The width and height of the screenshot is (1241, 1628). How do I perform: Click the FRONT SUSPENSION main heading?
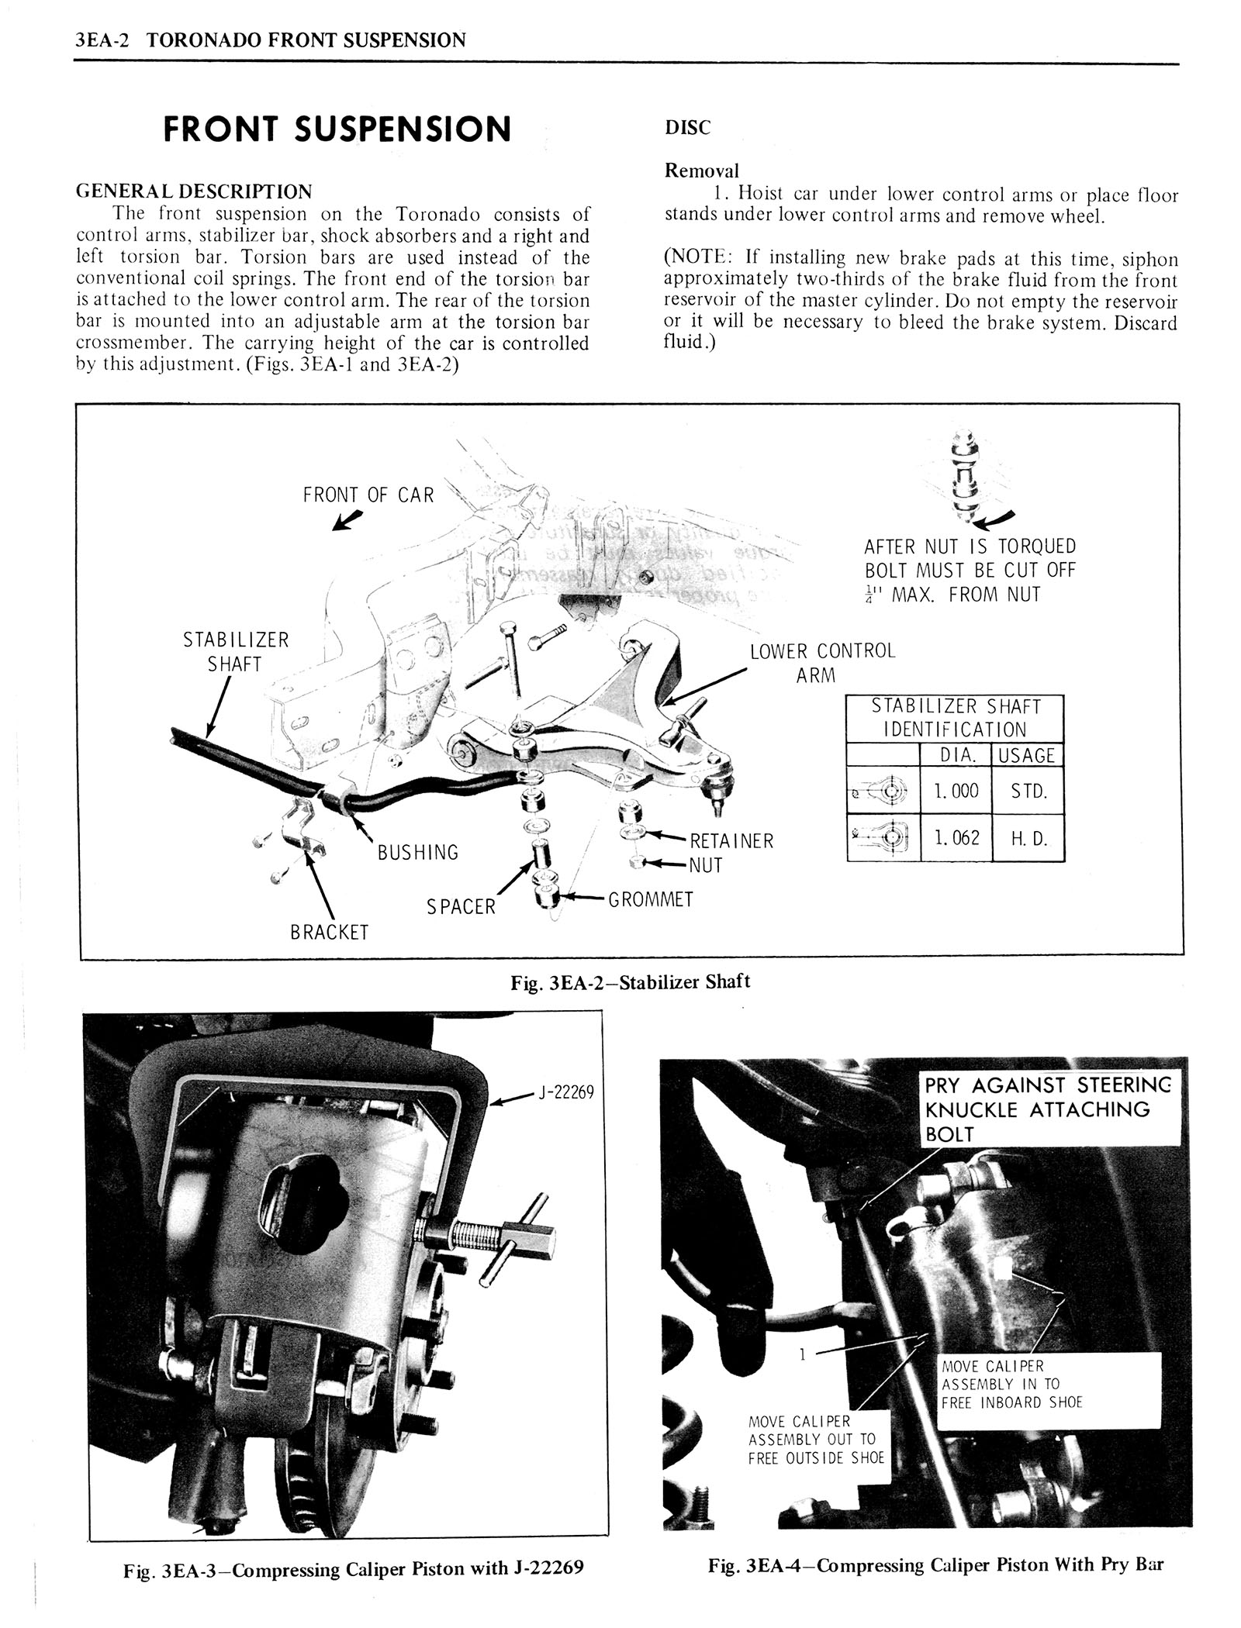(337, 129)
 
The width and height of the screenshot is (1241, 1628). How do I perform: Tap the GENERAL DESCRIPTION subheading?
(194, 191)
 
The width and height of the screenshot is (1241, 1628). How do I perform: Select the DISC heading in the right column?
(687, 129)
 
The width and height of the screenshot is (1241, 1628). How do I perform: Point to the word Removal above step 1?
(702, 171)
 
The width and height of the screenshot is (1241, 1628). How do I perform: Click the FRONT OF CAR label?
(368, 495)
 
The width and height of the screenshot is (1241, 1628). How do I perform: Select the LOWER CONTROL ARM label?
(821, 662)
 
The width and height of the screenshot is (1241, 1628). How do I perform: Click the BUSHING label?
(418, 853)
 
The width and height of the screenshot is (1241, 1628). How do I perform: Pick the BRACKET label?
(329, 933)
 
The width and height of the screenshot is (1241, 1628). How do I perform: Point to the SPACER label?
(461, 906)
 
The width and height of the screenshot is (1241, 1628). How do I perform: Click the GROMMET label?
(650, 899)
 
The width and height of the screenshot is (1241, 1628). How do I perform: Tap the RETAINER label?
(731, 841)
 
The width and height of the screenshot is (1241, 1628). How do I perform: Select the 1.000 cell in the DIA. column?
(956, 791)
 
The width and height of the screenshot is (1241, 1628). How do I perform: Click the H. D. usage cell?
(1029, 838)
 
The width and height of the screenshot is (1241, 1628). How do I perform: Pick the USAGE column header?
(1027, 755)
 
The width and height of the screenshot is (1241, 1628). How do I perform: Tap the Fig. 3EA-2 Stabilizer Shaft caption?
(630, 982)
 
